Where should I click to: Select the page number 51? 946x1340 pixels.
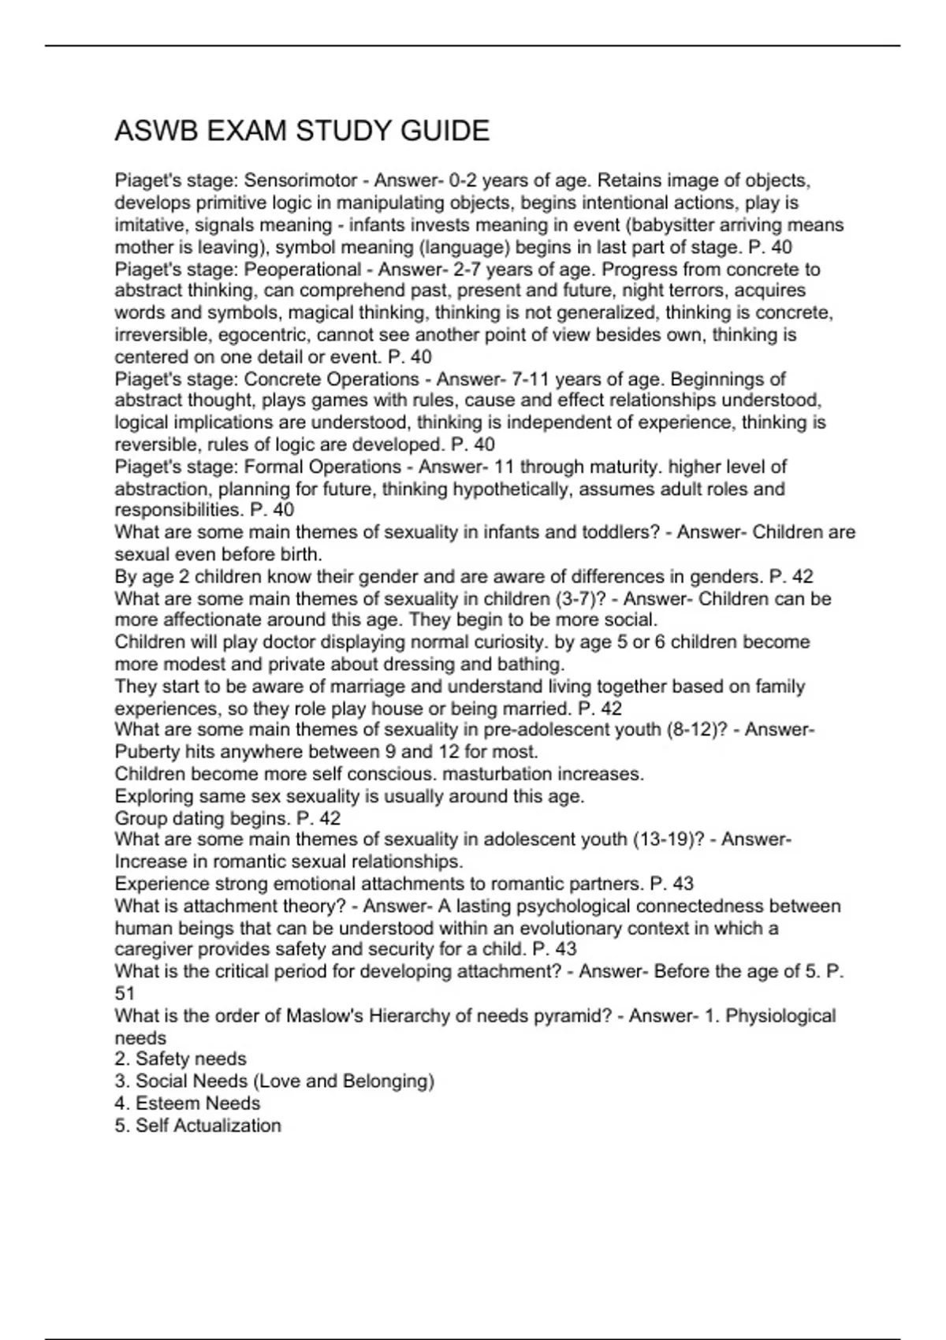(125, 994)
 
